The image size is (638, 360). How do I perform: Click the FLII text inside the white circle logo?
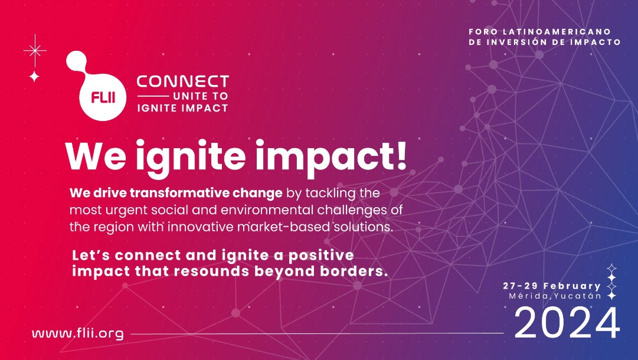click(x=103, y=97)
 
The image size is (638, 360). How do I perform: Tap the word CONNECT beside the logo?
click(x=183, y=81)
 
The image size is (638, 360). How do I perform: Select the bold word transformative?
click(x=179, y=193)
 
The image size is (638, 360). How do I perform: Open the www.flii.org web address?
click(x=78, y=333)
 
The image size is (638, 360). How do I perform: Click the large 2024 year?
click(x=567, y=323)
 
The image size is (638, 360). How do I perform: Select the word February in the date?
click(x=572, y=286)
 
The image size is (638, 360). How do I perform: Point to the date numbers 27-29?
click(x=521, y=286)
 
